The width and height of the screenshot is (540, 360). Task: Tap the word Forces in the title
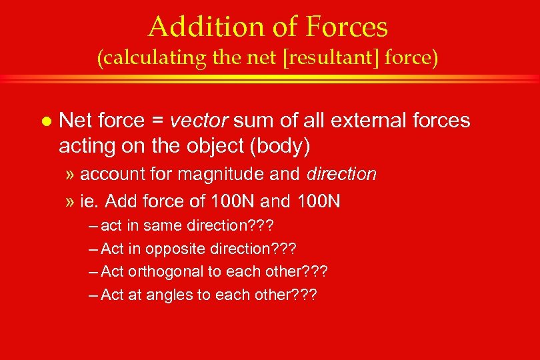(x=347, y=27)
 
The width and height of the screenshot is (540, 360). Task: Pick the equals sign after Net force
(x=157, y=121)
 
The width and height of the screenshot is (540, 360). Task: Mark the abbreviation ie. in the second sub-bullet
(x=89, y=200)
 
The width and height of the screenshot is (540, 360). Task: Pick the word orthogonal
(x=159, y=272)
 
